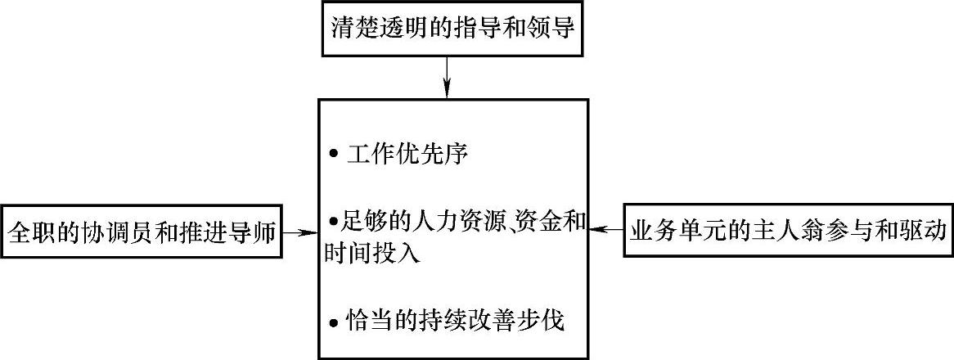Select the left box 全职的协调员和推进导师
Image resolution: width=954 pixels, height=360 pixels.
coord(142,232)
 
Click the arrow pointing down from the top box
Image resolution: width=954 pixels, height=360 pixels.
coord(447,78)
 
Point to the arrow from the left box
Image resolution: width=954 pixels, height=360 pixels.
coord(300,232)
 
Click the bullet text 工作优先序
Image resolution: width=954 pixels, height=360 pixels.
coord(407,154)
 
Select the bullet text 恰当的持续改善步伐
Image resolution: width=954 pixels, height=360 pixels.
coord(455,320)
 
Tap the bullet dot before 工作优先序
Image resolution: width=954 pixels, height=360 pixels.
coord(332,155)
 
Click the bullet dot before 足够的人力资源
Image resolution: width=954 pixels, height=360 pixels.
coord(333,222)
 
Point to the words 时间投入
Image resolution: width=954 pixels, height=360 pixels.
coord(371,253)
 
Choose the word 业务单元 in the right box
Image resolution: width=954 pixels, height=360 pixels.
coord(684,232)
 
